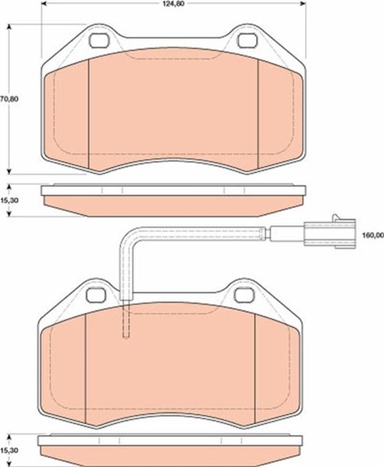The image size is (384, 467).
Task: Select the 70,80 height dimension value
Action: point(9,99)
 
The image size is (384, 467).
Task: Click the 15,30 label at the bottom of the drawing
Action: point(9,452)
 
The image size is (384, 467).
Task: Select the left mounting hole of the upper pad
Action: point(97,41)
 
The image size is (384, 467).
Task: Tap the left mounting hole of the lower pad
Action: point(96,295)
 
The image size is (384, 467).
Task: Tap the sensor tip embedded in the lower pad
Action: point(126,325)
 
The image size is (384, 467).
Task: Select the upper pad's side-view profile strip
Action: point(173,197)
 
